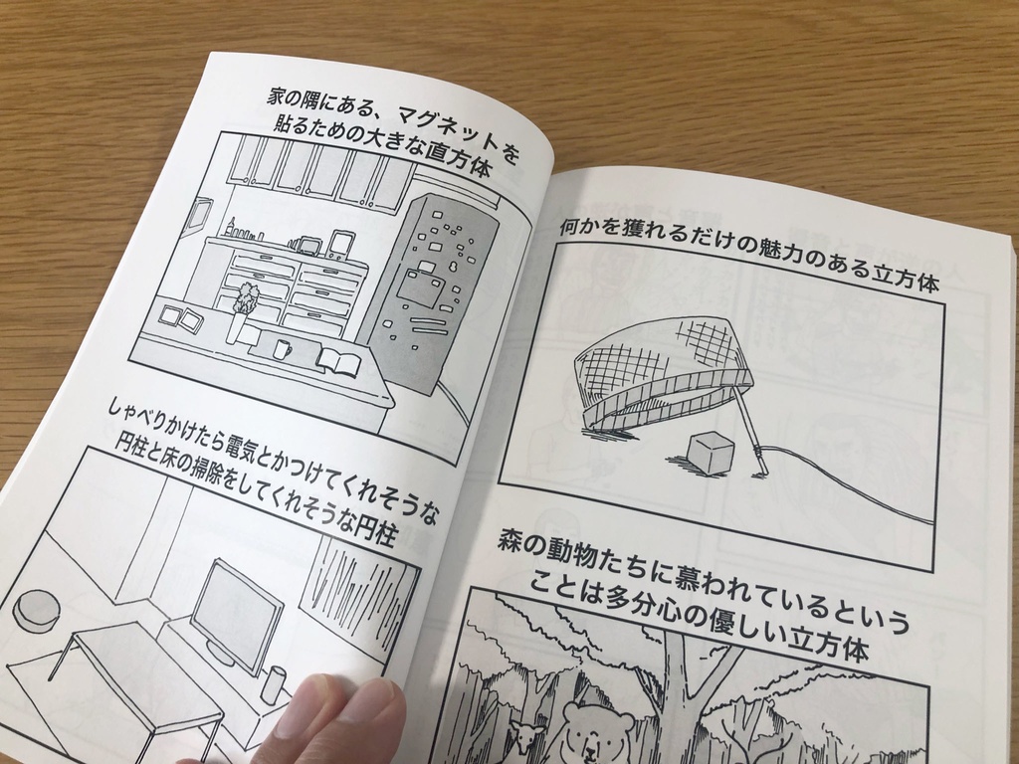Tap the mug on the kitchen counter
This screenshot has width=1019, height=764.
[x=282, y=349]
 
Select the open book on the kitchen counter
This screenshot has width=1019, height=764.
[x=339, y=361]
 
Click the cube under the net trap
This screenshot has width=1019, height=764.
[x=711, y=453]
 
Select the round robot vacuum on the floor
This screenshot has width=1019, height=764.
[x=36, y=610]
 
